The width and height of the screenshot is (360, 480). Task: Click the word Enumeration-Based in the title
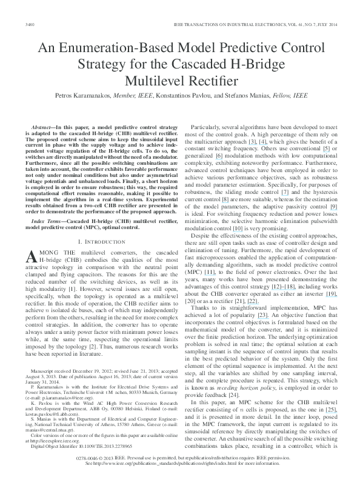pyautogui.click(x=125, y=50)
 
